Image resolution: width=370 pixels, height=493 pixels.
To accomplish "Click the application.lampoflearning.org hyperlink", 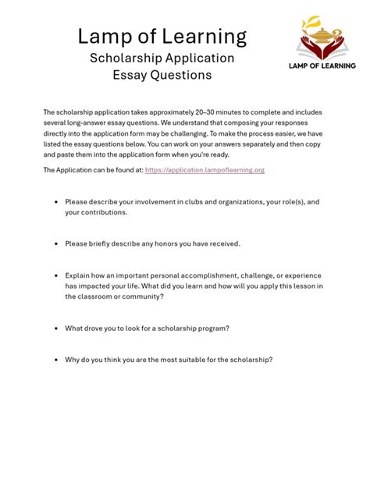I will coord(205,169).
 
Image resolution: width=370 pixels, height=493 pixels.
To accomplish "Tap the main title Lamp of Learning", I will coord(162,36).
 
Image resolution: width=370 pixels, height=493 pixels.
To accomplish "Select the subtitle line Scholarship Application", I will coord(162,58).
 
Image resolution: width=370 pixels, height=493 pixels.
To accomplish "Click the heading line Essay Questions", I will coord(162,76).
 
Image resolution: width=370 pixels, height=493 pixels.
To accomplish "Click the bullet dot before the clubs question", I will coord(56,201).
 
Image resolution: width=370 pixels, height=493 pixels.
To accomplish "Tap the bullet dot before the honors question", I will coord(56,243).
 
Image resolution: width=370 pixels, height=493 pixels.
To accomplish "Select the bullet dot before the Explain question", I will coord(56,275).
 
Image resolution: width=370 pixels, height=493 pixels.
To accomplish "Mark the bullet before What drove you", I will coord(56,328).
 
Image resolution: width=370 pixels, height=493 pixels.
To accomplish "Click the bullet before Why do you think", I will coord(56,360).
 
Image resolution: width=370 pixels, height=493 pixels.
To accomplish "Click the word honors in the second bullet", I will coord(158,243).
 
